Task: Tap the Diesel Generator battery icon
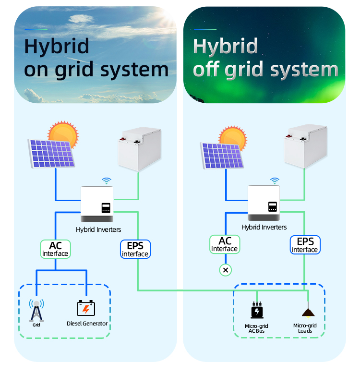tap(86, 308)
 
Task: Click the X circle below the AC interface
tap(225, 270)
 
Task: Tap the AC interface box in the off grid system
tap(224, 244)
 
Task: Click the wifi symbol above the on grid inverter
tap(107, 181)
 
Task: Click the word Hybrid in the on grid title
tap(57, 47)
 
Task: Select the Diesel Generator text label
tap(87, 324)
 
